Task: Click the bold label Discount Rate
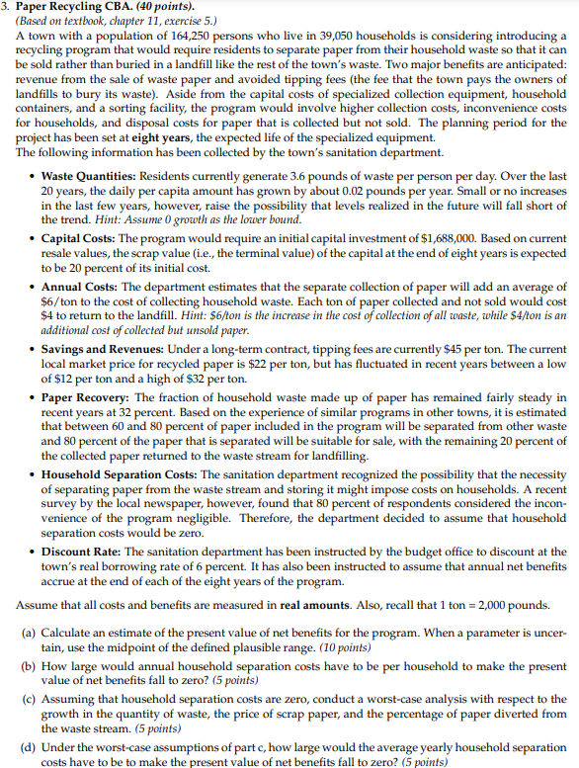(x=76, y=552)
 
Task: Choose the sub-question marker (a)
(x=31, y=631)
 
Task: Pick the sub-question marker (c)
(x=31, y=699)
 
